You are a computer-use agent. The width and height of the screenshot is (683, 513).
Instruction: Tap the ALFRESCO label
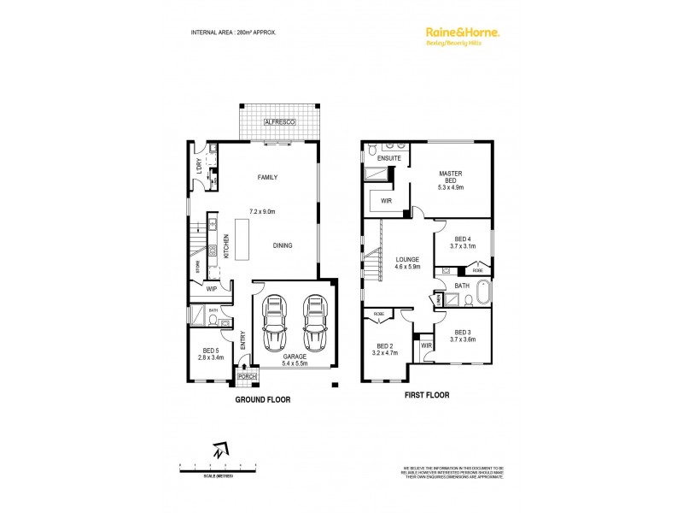pos(281,124)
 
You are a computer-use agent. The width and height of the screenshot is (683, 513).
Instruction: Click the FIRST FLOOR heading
pos(427,395)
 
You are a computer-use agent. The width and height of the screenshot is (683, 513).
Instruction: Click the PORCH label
pos(247,376)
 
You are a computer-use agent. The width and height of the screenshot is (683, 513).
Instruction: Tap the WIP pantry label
pos(211,289)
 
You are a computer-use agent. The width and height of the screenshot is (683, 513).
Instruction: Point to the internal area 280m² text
pos(232,32)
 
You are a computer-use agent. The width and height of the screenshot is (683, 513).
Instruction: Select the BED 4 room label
pos(463,239)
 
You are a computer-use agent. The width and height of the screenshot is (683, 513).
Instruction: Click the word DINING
pos(283,245)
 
